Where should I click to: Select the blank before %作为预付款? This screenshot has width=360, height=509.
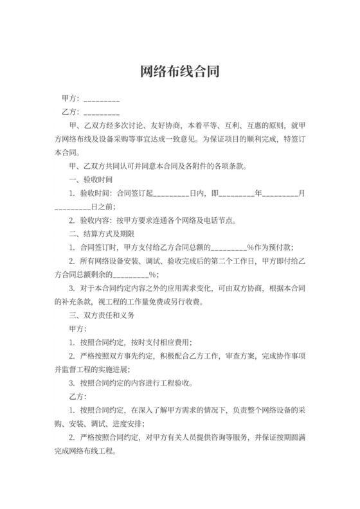[x=230, y=247]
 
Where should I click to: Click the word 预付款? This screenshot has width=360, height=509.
[x=281, y=247]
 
